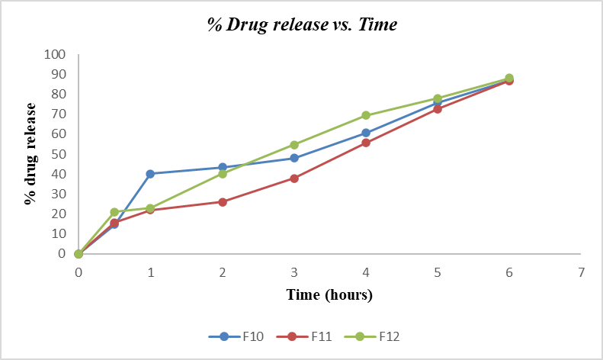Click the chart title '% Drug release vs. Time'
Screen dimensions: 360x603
[x=303, y=24]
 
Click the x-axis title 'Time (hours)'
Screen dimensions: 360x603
[x=329, y=294]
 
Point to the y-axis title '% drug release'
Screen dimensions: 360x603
[x=31, y=154]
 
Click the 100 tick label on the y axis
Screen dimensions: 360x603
[x=55, y=55]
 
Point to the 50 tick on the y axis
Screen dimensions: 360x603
[x=58, y=154]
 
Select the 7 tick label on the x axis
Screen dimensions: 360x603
[x=582, y=272]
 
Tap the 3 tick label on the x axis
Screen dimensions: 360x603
[x=294, y=272]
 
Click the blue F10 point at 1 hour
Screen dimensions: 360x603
[x=150, y=174]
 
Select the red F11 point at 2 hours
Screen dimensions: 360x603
[x=223, y=202]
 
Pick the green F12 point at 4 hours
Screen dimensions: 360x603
[x=366, y=115]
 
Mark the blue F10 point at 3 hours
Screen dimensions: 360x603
[x=294, y=158]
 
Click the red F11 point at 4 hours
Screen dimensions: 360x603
[x=366, y=143]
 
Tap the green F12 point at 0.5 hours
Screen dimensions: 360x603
[x=114, y=212]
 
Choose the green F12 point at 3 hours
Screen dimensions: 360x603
[x=294, y=144]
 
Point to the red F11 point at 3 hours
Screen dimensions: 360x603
[x=294, y=178]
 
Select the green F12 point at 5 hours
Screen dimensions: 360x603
[x=438, y=98]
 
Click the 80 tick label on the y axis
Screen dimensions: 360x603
[x=58, y=95]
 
